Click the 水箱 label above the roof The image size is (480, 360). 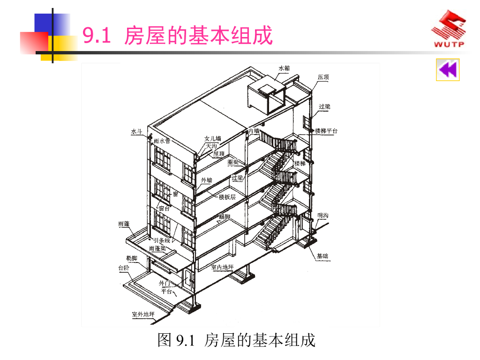coord(284,68)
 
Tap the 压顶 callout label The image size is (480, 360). coord(323,77)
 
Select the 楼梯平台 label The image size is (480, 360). coord(326,131)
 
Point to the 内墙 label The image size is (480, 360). coord(254,131)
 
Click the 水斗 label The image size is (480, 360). coord(136,132)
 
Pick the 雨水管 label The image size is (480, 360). coord(162,141)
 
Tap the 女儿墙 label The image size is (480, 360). coord(213,139)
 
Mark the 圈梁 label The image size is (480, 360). coord(233,162)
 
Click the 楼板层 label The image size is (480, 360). coord(227,197)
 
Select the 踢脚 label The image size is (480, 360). coord(225,217)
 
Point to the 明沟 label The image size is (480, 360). coord(323,215)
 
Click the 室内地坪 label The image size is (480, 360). coord(222,267)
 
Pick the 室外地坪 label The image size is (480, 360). coord(143,314)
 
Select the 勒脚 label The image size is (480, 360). coord(131,258)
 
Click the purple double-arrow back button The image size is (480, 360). coord(448,70)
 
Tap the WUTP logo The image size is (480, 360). coord(449,31)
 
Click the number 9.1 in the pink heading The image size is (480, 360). coord(96,36)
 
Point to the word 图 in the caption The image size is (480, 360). coord(165,340)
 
